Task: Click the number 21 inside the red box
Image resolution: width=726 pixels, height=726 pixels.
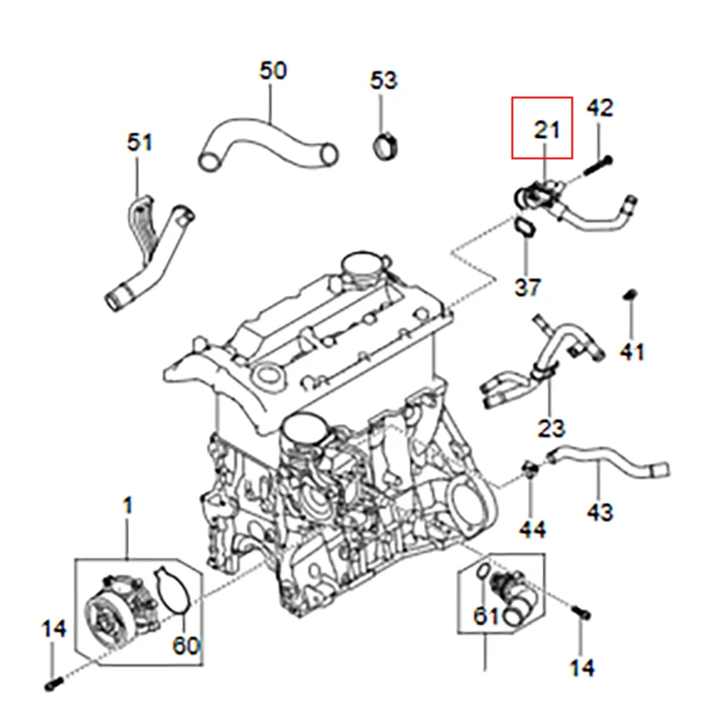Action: tap(544, 130)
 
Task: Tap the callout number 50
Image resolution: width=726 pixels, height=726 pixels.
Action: tap(272, 70)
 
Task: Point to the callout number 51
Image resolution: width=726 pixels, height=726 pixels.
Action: tap(140, 142)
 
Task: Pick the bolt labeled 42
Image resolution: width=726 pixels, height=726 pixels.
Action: tap(594, 164)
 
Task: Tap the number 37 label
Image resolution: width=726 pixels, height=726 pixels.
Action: tap(527, 288)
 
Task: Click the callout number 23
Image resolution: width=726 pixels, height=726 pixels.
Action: tap(551, 427)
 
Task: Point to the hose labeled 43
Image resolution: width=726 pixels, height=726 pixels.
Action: tap(608, 458)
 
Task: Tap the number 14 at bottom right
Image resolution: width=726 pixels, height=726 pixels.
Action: tap(582, 668)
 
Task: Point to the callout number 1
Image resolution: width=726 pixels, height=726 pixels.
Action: tap(127, 505)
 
